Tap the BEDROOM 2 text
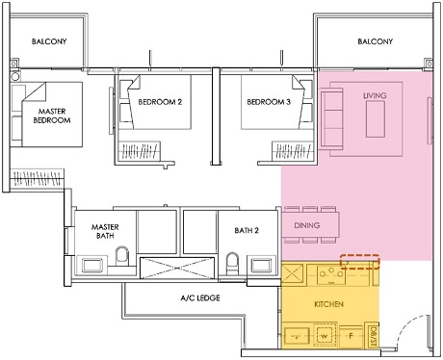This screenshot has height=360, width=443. (x=160, y=103)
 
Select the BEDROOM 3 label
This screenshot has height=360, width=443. (x=269, y=103)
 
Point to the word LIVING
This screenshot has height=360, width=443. (x=375, y=97)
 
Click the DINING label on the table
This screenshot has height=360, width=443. (x=308, y=226)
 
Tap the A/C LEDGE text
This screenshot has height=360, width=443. (x=199, y=298)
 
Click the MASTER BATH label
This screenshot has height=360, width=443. (x=105, y=232)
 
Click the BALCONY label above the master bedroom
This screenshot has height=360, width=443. (x=48, y=42)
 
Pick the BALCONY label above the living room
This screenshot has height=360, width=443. (x=375, y=41)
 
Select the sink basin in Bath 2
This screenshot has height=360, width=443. (x=260, y=265)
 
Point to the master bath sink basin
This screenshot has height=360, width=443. (x=93, y=264)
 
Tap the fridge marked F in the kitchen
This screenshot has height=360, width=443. (x=352, y=337)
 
